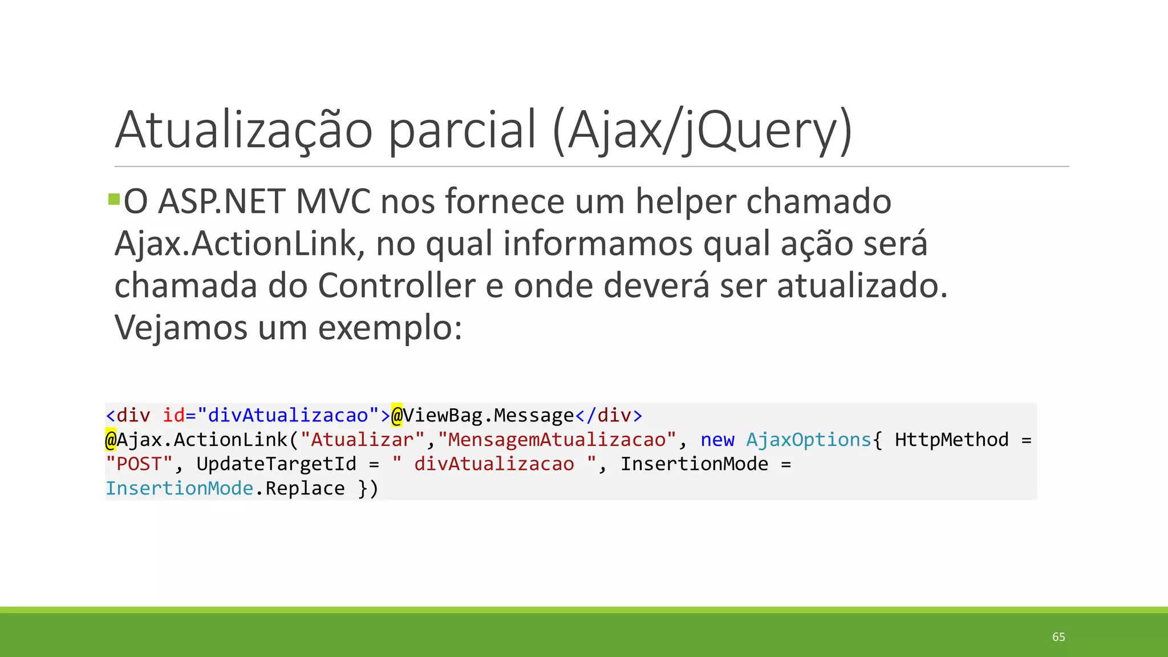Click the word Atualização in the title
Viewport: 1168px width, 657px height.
click(x=244, y=130)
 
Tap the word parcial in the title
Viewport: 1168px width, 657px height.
click(x=463, y=130)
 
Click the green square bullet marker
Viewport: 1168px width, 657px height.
click(x=113, y=200)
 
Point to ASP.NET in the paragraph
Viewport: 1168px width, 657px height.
click(x=221, y=202)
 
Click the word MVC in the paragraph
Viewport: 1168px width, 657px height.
click(x=333, y=202)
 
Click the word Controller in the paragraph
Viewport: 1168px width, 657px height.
click(x=396, y=286)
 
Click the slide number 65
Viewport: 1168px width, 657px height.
click(x=1058, y=637)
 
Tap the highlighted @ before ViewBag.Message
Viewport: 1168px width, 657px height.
click(x=396, y=415)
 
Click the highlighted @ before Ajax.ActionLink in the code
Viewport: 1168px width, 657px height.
click(x=111, y=440)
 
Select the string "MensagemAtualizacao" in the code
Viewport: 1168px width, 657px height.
click(x=557, y=440)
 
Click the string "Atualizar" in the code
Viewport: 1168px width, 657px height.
click(x=362, y=440)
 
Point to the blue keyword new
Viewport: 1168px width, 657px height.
click(x=717, y=440)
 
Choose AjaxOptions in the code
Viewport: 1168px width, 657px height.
click(x=809, y=440)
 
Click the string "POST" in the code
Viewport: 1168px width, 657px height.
click(x=139, y=464)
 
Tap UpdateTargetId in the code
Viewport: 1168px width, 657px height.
click(x=276, y=464)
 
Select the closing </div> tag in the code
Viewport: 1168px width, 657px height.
click(x=609, y=415)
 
